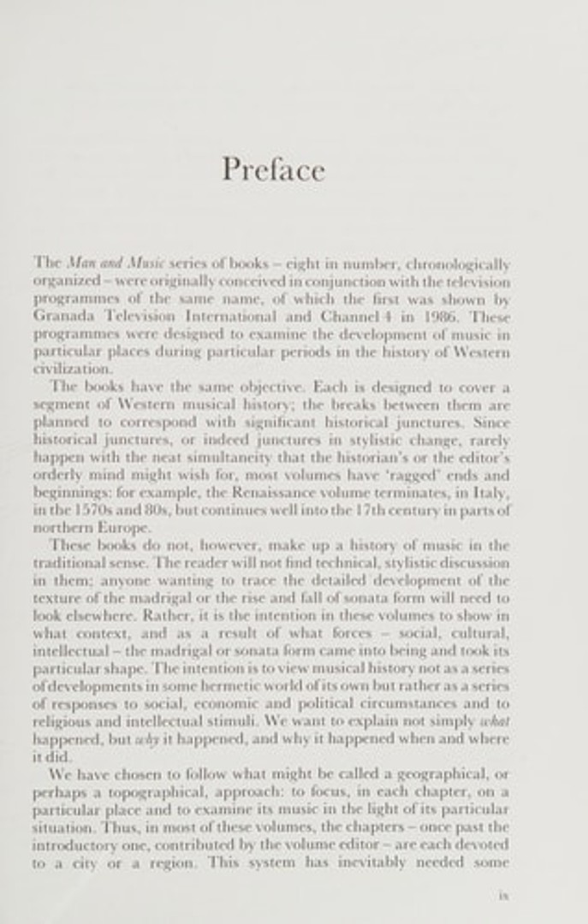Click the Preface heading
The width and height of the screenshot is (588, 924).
click(274, 169)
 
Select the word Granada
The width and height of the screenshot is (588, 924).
click(61, 317)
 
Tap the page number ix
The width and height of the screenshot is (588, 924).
click(503, 896)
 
